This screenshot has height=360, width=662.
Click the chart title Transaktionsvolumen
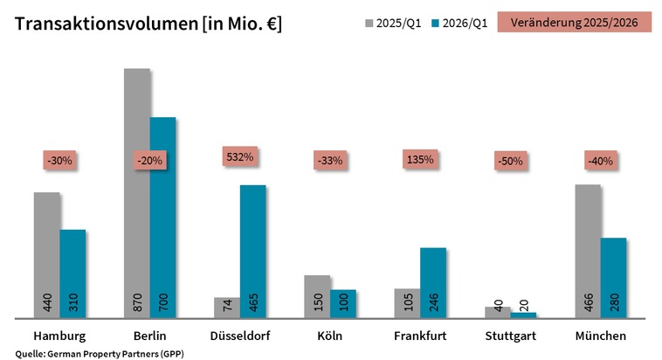click(x=148, y=24)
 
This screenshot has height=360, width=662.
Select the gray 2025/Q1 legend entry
click(x=391, y=24)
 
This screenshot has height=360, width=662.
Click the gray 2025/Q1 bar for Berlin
click(x=137, y=192)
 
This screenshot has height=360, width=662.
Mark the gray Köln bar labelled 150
click(x=318, y=296)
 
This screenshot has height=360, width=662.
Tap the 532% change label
click(x=240, y=157)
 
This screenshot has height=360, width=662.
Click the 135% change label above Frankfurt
click(x=420, y=160)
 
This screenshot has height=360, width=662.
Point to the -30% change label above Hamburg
click(x=60, y=161)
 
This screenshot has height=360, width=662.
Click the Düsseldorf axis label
click(x=240, y=336)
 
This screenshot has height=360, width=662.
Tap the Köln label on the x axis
click(x=330, y=336)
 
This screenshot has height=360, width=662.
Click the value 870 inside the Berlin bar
click(x=138, y=303)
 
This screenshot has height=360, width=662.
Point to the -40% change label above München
click(x=601, y=161)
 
